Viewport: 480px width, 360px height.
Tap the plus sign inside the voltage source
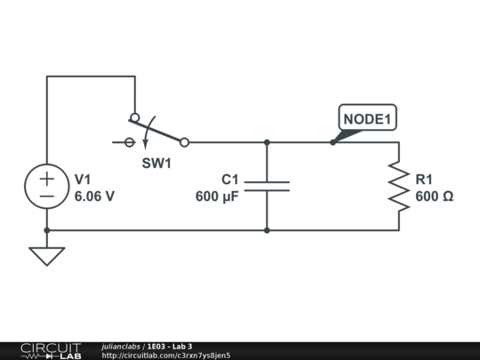point(47,179)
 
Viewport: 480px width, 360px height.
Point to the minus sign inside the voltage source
point(47,196)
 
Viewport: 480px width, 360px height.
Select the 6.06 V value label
point(94,196)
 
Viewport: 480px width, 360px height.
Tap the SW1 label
point(156,164)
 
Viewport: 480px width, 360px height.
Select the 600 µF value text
point(217,196)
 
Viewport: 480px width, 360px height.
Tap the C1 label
point(230,180)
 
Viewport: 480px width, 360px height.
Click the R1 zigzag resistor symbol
point(399,187)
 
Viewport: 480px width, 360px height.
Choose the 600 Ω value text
point(435,196)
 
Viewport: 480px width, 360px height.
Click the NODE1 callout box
point(368,105)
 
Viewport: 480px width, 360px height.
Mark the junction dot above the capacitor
point(267,142)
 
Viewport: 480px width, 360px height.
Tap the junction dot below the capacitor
point(267,230)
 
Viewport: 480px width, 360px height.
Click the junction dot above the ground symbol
point(47,230)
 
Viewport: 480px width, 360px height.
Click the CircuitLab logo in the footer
point(51,351)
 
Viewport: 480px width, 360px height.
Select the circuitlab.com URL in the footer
point(166,356)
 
